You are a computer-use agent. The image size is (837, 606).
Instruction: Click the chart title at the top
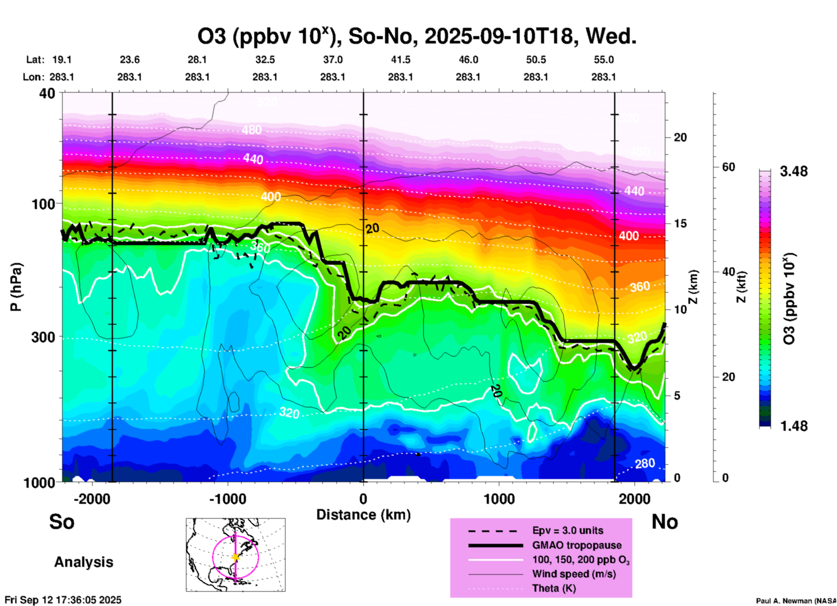pos(416,37)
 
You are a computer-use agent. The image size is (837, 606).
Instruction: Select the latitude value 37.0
pos(332,60)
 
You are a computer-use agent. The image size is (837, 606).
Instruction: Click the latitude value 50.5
pos(535,60)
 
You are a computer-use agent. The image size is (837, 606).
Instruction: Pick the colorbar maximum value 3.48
pos(794,172)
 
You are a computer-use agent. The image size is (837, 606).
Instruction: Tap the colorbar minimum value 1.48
pos(794,426)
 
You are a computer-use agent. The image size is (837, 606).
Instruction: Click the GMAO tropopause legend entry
pos(577,545)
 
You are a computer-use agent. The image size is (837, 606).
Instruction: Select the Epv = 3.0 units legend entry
pos(568,530)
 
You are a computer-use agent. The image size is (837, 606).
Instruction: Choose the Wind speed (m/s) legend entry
pos(574,574)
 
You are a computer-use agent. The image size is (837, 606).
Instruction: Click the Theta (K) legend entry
pos(554,588)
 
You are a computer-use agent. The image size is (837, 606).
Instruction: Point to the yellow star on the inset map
pos(236,557)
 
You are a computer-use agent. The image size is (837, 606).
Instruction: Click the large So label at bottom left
pos(62,521)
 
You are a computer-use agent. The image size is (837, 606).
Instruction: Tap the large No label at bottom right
pos(664,521)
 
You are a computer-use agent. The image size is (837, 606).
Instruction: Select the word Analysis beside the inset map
pos(83,562)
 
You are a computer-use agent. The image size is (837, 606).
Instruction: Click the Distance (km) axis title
pos(363,515)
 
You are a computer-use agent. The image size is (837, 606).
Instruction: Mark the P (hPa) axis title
pos(17,287)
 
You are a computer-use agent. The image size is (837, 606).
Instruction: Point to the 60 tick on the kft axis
pos(729,167)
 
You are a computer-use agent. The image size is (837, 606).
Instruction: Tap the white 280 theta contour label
pos(645,464)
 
